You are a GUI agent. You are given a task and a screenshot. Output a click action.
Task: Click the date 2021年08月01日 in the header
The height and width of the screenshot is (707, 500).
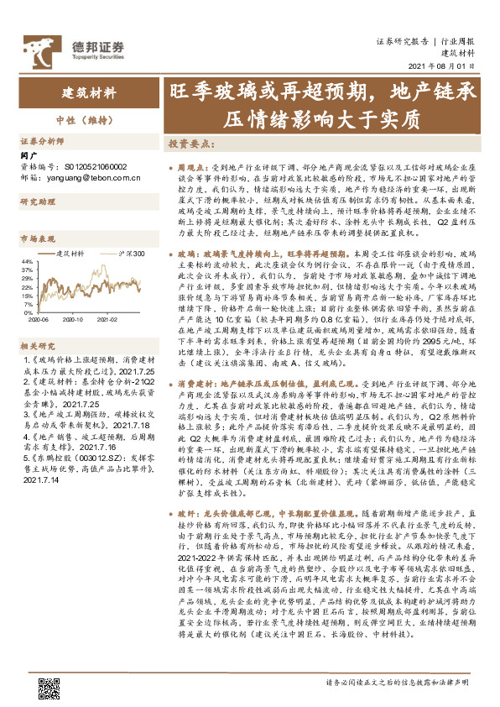coord(448,65)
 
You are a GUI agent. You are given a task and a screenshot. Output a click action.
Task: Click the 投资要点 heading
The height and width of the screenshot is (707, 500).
coord(189,144)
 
